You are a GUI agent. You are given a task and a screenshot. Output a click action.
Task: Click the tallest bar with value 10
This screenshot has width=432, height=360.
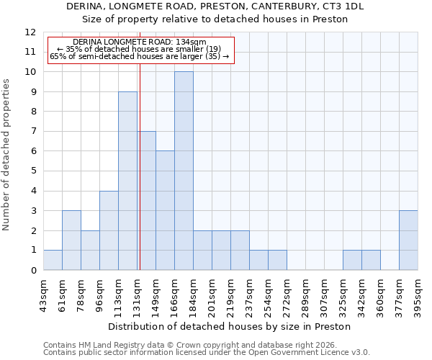(184, 171)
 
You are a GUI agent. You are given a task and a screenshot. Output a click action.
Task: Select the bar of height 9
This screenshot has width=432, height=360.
(127, 181)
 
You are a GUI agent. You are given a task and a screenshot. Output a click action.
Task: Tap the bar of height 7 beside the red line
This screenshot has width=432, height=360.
(147, 200)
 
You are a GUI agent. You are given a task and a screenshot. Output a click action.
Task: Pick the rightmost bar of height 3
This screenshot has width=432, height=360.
(408, 240)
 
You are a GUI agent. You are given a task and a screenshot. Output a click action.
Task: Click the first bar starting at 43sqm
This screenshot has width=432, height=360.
(53, 260)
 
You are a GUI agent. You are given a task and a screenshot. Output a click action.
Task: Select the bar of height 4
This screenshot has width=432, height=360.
(109, 230)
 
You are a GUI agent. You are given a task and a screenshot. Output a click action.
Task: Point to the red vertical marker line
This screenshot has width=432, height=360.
(140, 166)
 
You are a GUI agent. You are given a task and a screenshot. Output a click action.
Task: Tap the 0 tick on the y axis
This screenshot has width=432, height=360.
(33, 270)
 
